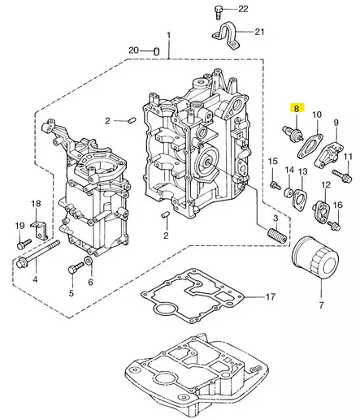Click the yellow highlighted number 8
click(297, 108)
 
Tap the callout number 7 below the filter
click(320, 305)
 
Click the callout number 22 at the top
click(242, 8)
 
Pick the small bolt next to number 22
click(219, 10)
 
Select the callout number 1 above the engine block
click(168, 36)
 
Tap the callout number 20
click(134, 51)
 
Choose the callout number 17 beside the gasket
click(271, 298)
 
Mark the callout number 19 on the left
click(20, 225)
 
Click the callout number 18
click(35, 203)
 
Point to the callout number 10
click(317, 115)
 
